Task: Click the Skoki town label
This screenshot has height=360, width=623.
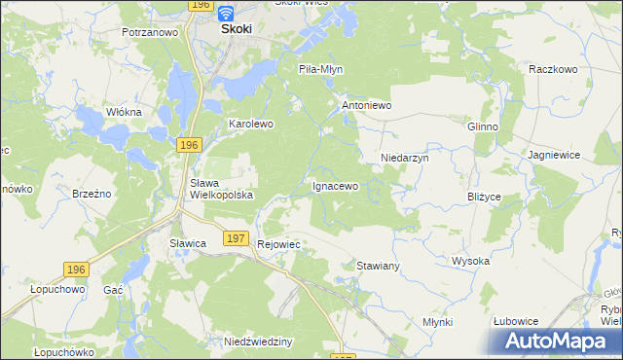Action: pos(237,29)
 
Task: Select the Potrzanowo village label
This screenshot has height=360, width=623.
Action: pos(150,32)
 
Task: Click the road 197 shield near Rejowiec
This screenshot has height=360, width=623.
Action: pos(235,237)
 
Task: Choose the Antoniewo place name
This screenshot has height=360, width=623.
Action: pos(365,104)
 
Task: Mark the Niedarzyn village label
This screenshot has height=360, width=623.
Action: pos(404,157)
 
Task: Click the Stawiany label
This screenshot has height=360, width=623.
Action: pos(379,265)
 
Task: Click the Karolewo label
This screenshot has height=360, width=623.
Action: pos(251,125)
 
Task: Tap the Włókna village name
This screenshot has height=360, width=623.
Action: pos(124,112)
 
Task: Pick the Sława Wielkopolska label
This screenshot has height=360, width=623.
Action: pos(221,189)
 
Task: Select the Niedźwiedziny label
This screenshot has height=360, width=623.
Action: pos(258,342)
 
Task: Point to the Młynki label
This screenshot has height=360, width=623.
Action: pos(438,321)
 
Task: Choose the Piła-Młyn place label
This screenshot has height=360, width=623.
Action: pos(320,70)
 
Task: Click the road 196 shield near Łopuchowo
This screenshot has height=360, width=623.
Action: pos(77,269)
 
